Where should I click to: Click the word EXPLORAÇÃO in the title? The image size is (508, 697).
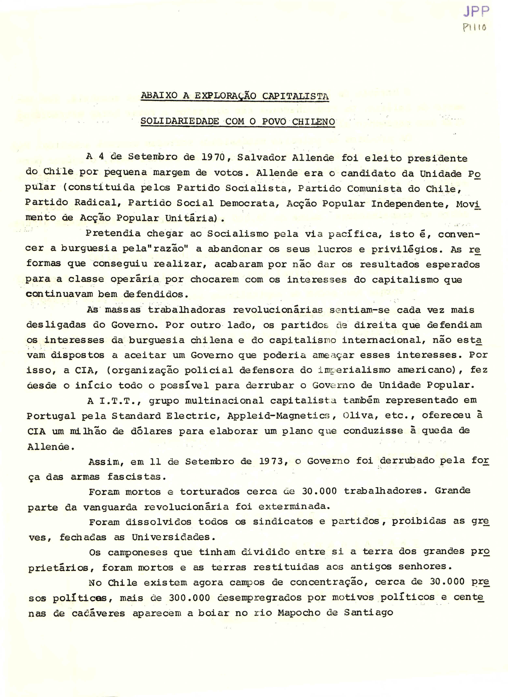click(x=225, y=96)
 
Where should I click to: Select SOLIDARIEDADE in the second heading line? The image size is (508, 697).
click(x=180, y=121)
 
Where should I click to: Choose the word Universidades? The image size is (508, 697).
click(x=171, y=537)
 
